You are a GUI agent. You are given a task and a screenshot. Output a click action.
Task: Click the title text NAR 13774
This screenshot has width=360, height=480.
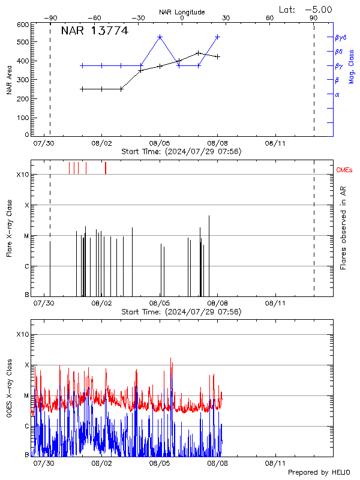point(94,31)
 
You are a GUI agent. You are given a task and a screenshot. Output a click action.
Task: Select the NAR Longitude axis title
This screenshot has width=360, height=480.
point(182,12)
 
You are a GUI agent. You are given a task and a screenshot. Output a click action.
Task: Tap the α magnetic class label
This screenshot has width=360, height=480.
point(337,94)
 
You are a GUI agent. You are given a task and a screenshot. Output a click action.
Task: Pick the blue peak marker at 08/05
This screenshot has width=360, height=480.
point(160,37)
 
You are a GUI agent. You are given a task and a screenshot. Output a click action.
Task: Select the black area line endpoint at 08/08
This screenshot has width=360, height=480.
point(218,56)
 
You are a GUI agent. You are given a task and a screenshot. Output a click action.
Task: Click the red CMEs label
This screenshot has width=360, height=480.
point(344,171)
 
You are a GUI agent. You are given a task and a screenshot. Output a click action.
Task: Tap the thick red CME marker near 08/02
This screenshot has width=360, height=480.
point(105,167)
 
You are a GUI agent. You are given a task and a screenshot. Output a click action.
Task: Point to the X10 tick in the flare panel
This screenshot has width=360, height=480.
point(22,175)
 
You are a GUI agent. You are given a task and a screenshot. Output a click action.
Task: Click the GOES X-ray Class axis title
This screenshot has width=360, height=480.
point(10,390)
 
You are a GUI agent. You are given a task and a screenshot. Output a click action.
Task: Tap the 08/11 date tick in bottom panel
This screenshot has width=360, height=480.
point(274,463)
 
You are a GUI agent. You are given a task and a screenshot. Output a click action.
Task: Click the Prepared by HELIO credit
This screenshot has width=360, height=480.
point(319,473)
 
